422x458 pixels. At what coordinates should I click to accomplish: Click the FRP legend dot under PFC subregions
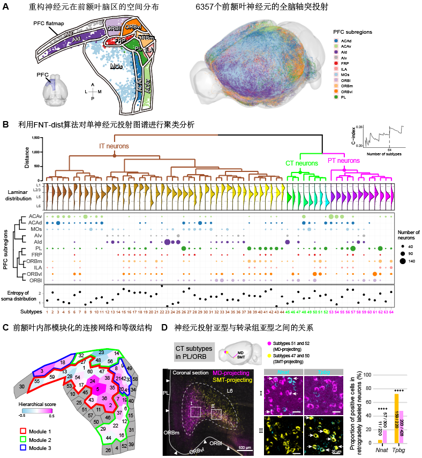(x=336, y=63)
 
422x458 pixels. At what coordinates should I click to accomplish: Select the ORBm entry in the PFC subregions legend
(x=336, y=86)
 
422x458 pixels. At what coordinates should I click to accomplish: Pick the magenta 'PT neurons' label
(x=344, y=160)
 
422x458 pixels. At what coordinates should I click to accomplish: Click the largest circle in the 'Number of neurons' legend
(x=402, y=261)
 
